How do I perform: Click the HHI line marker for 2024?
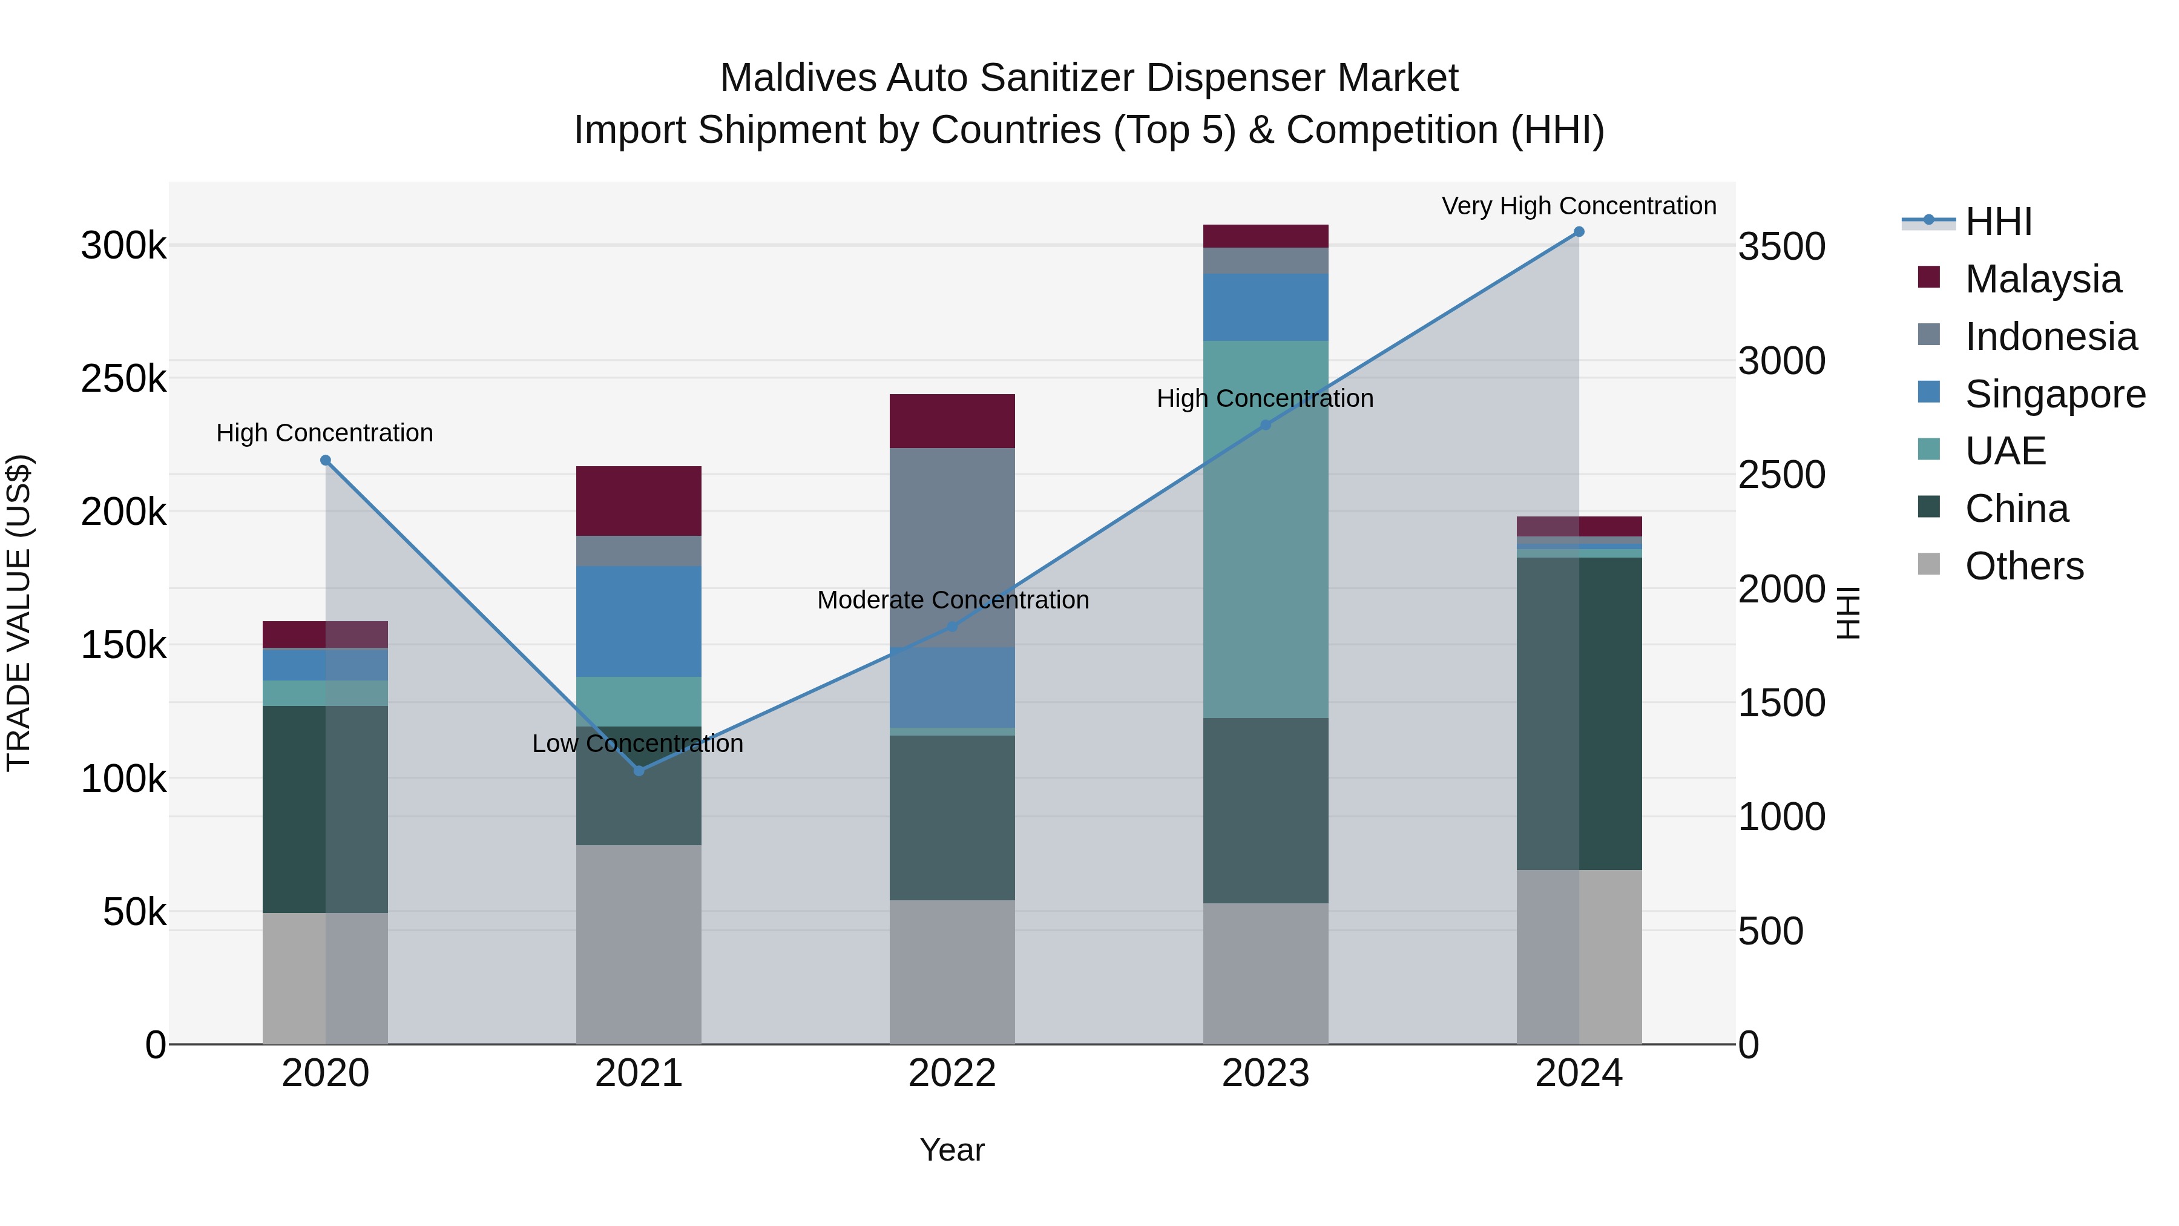pyautogui.click(x=1579, y=232)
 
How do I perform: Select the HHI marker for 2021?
pyautogui.click(x=639, y=771)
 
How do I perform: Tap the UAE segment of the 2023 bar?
pyautogui.click(x=1266, y=529)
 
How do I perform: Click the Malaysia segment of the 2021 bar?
pyautogui.click(x=639, y=501)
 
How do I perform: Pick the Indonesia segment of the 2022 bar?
pyautogui.click(x=951, y=547)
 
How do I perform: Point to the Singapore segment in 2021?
pyautogui.click(x=639, y=621)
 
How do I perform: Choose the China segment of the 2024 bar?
pyautogui.click(x=1579, y=713)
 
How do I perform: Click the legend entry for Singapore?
pyautogui.click(x=2054, y=394)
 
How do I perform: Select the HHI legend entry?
pyautogui.click(x=1997, y=222)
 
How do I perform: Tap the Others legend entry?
pyautogui.click(x=2023, y=566)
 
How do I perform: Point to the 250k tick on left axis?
pyautogui.click(x=124, y=379)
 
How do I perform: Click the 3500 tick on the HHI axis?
pyautogui.click(x=1781, y=247)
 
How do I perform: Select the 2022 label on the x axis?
pyautogui.click(x=951, y=1073)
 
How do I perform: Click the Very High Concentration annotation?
pyautogui.click(x=1579, y=206)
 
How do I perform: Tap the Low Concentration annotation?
pyautogui.click(x=637, y=743)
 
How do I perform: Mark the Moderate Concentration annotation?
pyautogui.click(x=953, y=600)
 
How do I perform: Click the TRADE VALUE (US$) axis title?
pyautogui.click(x=19, y=613)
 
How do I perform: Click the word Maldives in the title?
pyautogui.click(x=798, y=78)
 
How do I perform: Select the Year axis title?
pyautogui.click(x=951, y=1150)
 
